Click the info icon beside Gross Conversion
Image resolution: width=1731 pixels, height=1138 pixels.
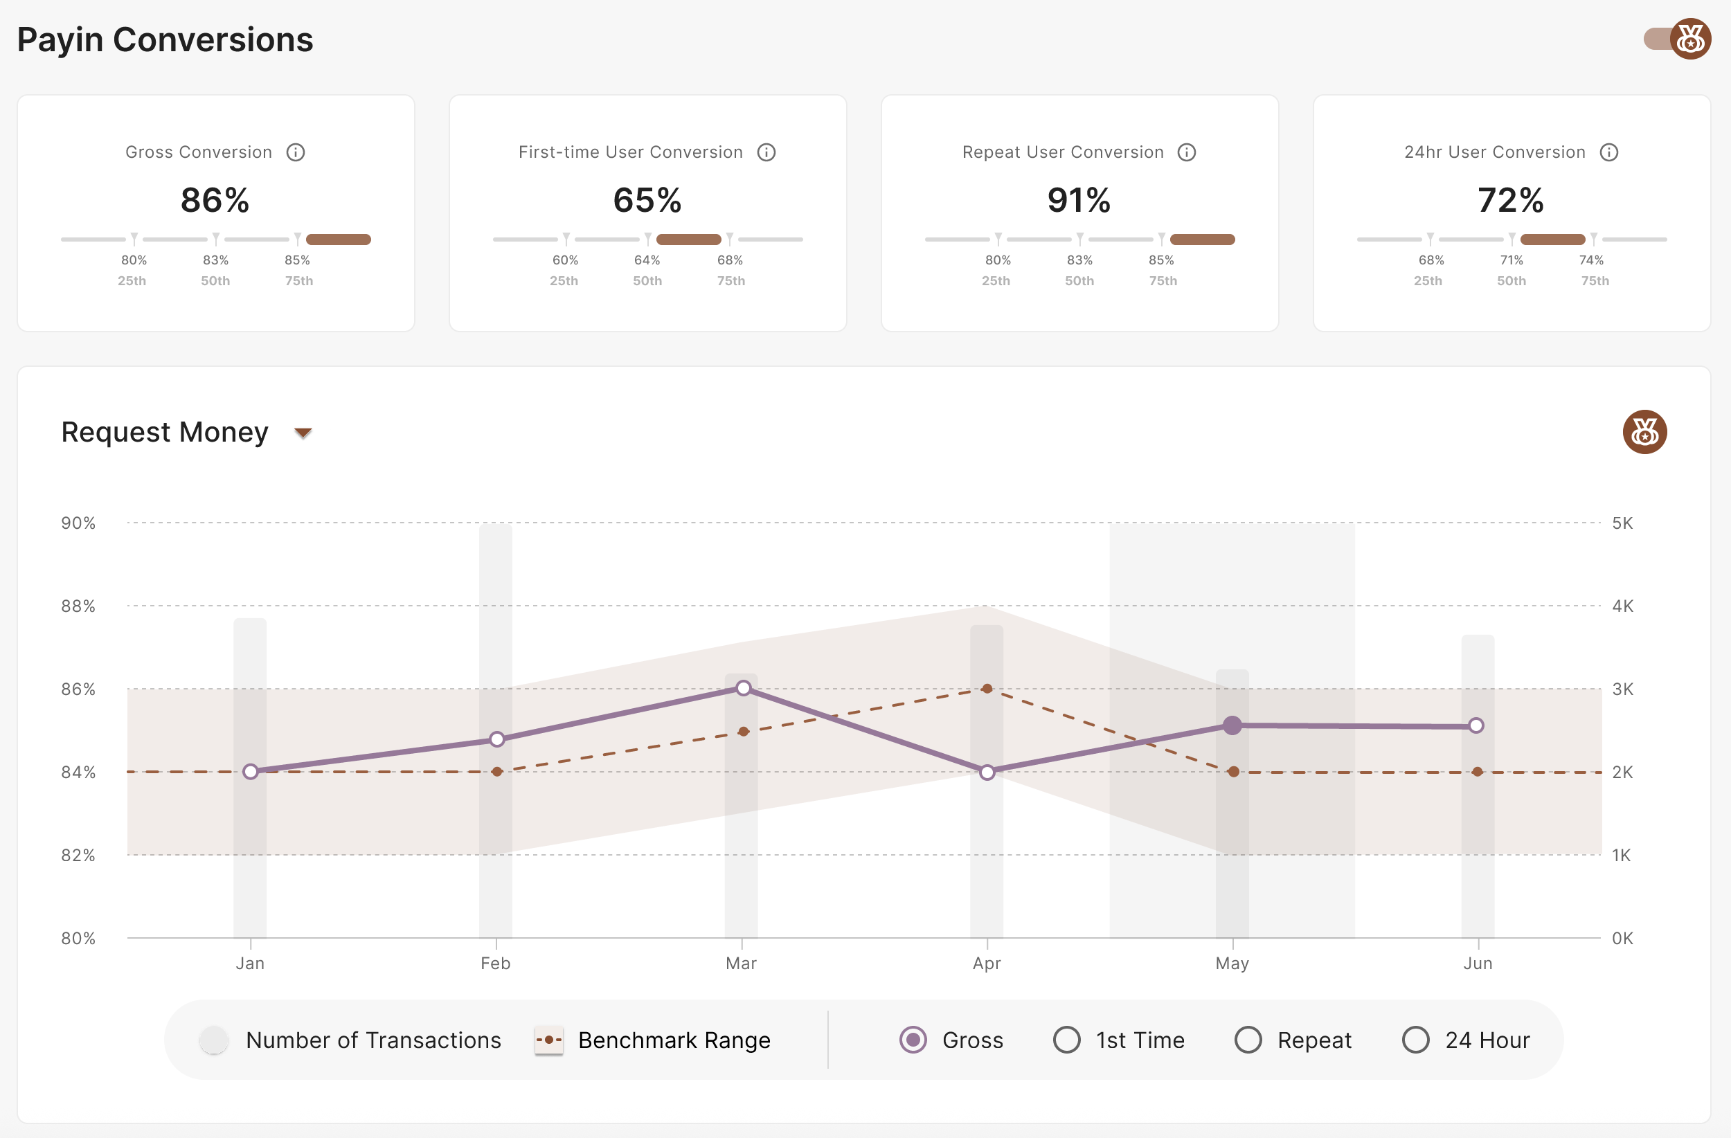click(x=295, y=152)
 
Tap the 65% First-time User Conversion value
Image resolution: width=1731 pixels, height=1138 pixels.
click(x=647, y=200)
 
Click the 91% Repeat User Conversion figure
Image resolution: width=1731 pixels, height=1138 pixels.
click(x=1079, y=200)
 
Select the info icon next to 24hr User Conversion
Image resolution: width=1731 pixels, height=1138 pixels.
click(x=1609, y=152)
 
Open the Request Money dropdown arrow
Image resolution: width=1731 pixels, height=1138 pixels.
click(x=303, y=433)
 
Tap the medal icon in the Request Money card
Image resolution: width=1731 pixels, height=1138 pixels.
click(x=1644, y=432)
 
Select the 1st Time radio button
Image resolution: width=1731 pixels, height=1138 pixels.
click(x=1066, y=1040)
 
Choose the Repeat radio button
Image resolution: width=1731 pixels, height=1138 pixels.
click(x=1248, y=1040)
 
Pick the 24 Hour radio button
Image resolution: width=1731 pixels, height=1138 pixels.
click(x=1415, y=1040)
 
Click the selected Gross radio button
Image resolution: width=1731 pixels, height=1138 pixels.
click(x=913, y=1040)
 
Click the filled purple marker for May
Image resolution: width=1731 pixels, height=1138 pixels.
click(x=1232, y=725)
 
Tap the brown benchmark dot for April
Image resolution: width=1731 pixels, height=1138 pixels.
click(x=987, y=689)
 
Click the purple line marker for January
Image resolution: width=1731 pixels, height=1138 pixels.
click(x=250, y=772)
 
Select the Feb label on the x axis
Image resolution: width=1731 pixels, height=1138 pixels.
click(x=495, y=964)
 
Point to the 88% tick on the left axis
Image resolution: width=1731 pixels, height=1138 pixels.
click(x=78, y=606)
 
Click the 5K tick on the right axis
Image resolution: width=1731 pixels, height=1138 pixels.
click(x=1622, y=523)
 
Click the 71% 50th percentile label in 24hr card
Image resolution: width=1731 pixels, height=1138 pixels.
click(x=1512, y=260)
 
